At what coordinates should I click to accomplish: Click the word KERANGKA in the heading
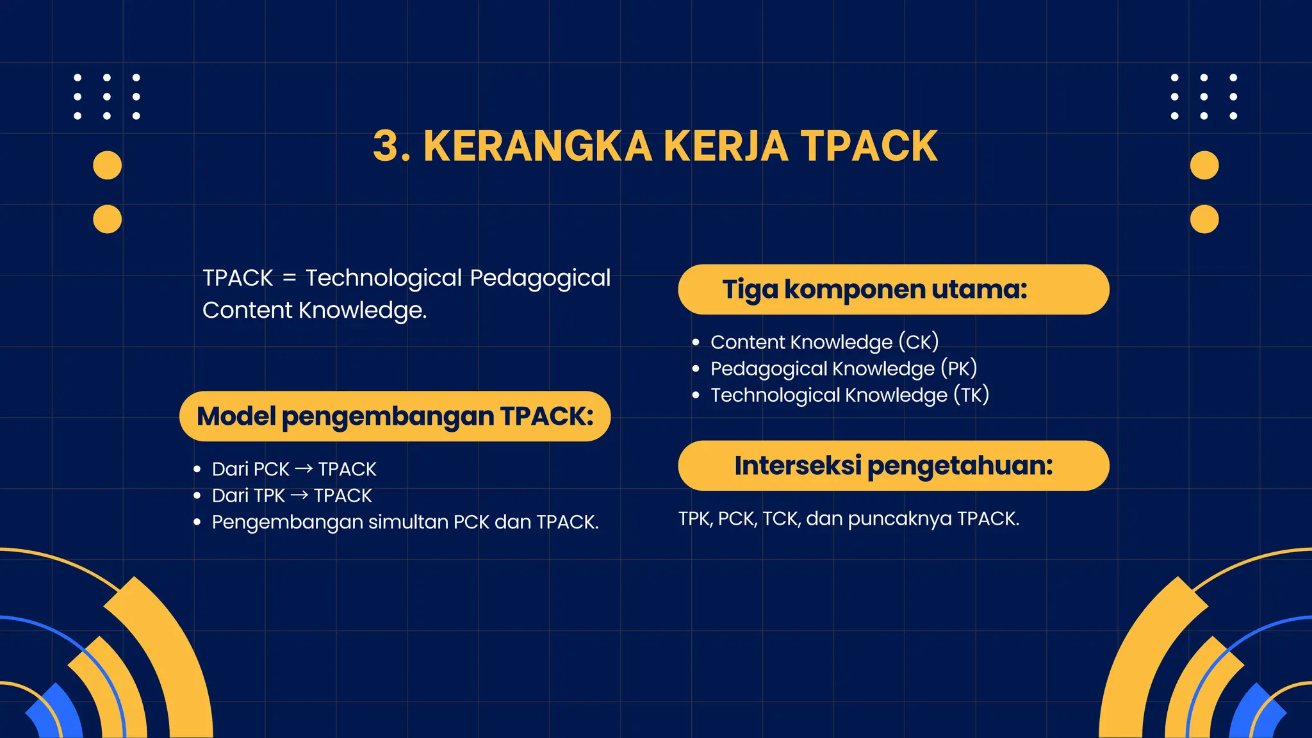pos(537,146)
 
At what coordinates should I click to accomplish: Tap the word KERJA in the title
pos(726,146)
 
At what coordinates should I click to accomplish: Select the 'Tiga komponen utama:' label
pos(874,290)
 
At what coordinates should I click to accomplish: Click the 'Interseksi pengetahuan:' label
pos(894,466)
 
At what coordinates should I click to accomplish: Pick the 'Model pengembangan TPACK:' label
pos(395,416)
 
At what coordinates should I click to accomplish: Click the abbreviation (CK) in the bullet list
pos(918,342)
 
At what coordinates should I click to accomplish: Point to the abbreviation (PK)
pos(958,368)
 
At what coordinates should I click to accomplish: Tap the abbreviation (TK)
pos(971,395)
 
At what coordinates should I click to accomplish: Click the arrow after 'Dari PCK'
pos(304,469)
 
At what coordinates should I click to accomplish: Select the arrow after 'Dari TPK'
pos(299,495)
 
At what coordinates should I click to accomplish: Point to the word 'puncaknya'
pos(899,518)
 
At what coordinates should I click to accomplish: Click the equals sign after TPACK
pos(290,278)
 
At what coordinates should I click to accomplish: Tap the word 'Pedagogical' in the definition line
pos(540,278)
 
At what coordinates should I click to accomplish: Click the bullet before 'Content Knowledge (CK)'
pos(696,343)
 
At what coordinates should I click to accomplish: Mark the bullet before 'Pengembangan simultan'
pos(197,523)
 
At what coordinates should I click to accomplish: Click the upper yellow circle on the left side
pos(107,165)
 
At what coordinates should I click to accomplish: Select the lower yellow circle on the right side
pos(1204,219)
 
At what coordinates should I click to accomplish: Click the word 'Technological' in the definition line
pos(383,278)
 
